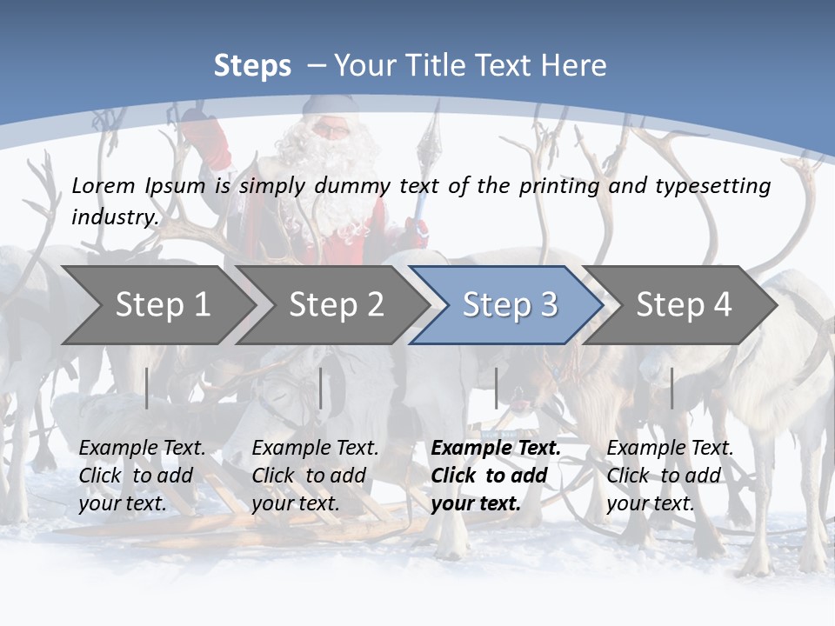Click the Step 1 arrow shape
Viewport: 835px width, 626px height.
coord(162,305)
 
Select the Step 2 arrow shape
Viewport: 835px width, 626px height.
coord(336,305)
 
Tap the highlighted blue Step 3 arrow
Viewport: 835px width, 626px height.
coord(510,305)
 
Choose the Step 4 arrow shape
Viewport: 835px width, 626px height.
coord(684,305)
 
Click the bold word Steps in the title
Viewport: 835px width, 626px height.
coord(252,66)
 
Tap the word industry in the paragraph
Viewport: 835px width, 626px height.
coord(115,217)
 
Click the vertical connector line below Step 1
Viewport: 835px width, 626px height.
coord(147,388)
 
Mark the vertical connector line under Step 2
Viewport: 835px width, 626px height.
coord(321,388)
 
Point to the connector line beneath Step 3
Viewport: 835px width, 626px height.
coord(497,388)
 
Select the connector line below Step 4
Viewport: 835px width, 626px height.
coord(672,388)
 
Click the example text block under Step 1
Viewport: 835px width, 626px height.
coord(142,476)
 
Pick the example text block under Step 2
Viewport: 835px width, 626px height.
coord(315,476)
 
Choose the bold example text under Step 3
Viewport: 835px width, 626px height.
coord(496,476)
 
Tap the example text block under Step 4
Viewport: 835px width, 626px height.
coord(670,476)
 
